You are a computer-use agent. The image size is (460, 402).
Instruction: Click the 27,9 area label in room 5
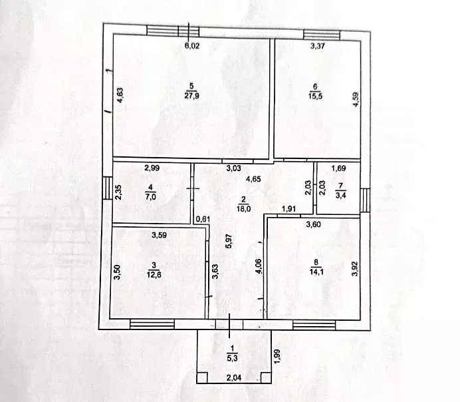(191, 96)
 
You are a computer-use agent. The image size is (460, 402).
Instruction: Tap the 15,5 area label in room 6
(315, 96)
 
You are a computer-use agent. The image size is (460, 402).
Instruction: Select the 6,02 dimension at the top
(192, 46)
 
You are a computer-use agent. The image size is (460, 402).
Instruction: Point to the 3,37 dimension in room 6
(318, 46)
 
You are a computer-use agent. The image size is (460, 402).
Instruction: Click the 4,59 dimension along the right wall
(356, 100)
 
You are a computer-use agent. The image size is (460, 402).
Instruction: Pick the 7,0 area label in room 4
(150, 196)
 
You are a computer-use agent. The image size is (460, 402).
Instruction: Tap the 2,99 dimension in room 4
(152, 168)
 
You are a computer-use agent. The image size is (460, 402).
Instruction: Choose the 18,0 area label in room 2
(243, 209)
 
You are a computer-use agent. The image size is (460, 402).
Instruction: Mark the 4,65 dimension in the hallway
(253, 179)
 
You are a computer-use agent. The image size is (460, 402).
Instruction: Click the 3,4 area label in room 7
(340, 195)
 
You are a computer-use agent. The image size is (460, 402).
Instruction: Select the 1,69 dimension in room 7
(338, 168)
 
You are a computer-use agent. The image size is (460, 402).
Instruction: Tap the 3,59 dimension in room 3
(160, 235)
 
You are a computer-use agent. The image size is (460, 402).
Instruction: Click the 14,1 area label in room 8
(316, 272)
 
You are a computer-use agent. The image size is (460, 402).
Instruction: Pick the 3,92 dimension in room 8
(356, 269)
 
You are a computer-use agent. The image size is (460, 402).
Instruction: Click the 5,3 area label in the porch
(232, 358)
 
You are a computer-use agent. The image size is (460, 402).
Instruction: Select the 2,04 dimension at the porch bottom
(234, 377)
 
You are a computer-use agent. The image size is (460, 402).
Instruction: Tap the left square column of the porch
(202, 377)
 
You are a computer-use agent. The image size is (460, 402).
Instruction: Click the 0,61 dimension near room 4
(203, 219)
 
